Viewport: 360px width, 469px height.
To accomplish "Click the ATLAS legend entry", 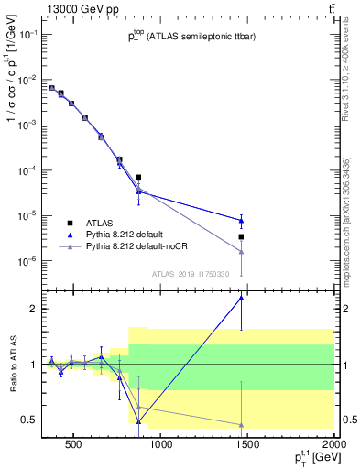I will click(x=101, y=223).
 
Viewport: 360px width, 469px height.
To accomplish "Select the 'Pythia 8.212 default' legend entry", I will click(x=128, y=234).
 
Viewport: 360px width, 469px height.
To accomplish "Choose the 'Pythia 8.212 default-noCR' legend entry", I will click(x=138, y=246).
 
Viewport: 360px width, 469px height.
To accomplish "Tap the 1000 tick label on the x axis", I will click(x=161, y=445).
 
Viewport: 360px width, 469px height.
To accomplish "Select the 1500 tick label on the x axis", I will click(x=247, y=445).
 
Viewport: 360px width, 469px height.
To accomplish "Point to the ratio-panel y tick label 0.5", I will click(x=26, y=420).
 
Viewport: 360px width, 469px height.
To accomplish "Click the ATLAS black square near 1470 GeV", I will click(x=241, y=236).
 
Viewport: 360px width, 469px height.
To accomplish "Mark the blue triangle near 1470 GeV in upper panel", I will click(x=241, y=220).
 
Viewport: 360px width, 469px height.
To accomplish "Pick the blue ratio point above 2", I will click(x=241, y=298).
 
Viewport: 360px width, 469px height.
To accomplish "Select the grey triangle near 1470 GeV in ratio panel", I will click(x=241, y=425).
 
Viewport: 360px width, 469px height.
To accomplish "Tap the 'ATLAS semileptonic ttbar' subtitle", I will click(x=192, y=38).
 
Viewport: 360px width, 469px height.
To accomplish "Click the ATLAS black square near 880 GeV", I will click(x=138, y=177).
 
